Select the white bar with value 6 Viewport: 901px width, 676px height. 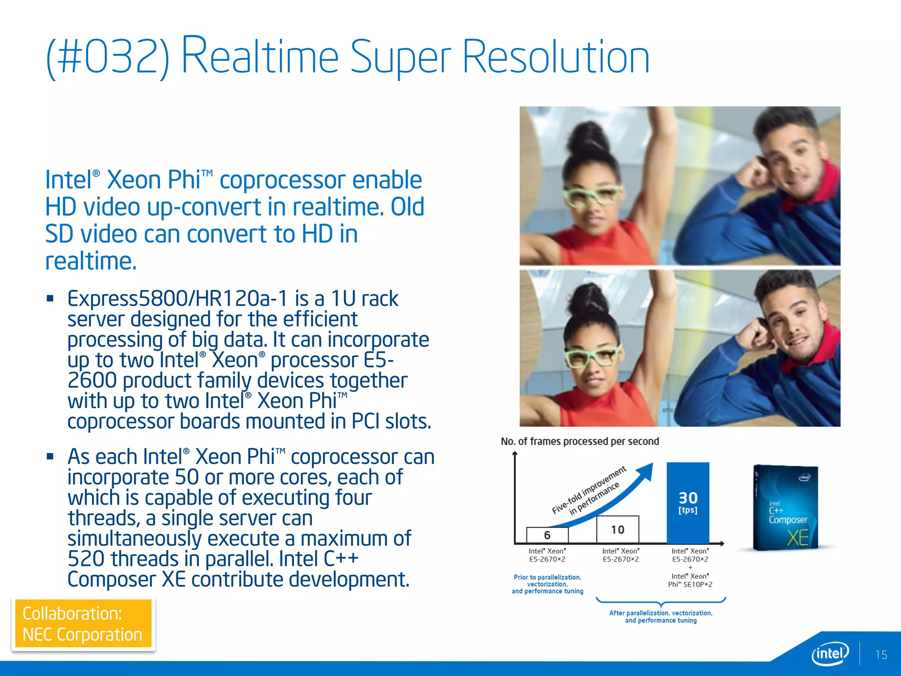point(547,535)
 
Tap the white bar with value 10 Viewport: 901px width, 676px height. point(617,529)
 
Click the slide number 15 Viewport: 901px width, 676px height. point(881,655)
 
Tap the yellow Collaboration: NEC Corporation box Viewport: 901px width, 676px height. point(83,624)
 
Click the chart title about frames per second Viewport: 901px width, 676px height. point(580,441)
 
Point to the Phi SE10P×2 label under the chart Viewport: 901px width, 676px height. point(690,584)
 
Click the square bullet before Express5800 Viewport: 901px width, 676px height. point(50,299)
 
